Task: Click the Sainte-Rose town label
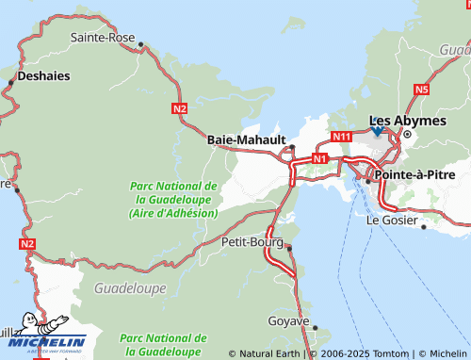coord(101,38)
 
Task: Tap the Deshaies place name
coord(43,76)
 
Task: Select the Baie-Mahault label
coord(246,139)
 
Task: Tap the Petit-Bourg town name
coord(251,242)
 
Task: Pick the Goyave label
coord(288,321)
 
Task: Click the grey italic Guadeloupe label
coord(130,287)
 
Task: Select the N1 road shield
coord(320,159)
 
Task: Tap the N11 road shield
coord(341,137)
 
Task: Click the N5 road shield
coord(420,90)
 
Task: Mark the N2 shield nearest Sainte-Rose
coord(180,109)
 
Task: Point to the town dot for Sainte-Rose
coord(140,44)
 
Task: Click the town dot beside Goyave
coord(315,328)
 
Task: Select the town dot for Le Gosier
coord(423,226)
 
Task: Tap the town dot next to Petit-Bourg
coord(289,248)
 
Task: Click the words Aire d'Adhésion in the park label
coord(173,213)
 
